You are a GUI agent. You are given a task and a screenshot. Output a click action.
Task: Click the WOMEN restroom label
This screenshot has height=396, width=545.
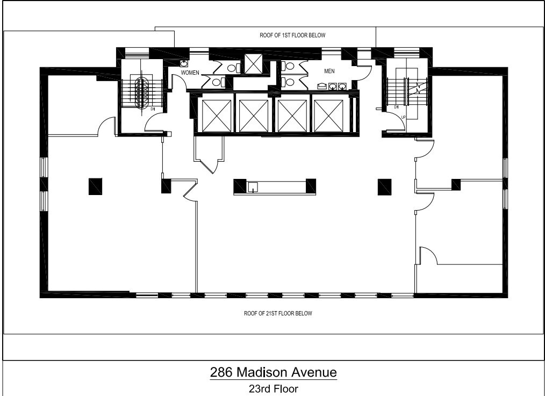(x=190, y=71)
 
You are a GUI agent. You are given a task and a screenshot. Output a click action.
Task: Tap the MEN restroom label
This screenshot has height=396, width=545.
(x=329, y=71)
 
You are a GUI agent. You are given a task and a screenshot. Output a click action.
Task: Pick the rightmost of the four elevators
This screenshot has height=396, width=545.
(x=330, y=114)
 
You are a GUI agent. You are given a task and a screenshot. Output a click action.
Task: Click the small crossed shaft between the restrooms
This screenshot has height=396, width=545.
(x=252, y=64)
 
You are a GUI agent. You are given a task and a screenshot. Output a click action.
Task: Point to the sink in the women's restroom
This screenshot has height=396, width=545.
(x=183, y=63)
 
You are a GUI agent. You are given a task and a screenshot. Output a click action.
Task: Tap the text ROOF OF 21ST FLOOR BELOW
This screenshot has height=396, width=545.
(x=278, y=313)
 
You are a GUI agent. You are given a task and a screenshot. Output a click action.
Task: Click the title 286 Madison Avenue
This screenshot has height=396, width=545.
(x=273, y=372)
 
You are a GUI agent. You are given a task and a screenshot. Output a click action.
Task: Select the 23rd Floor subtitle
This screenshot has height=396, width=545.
(x=273, y=388)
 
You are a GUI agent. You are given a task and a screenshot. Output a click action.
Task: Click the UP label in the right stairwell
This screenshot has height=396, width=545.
(x=403, y=117)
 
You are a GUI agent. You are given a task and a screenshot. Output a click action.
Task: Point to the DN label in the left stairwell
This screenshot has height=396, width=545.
(x=153, y=109)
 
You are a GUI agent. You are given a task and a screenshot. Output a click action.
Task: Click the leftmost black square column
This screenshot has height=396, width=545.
(x=96, y=186)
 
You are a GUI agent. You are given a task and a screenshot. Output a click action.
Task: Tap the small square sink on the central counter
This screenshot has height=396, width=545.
(x=253, y=186)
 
